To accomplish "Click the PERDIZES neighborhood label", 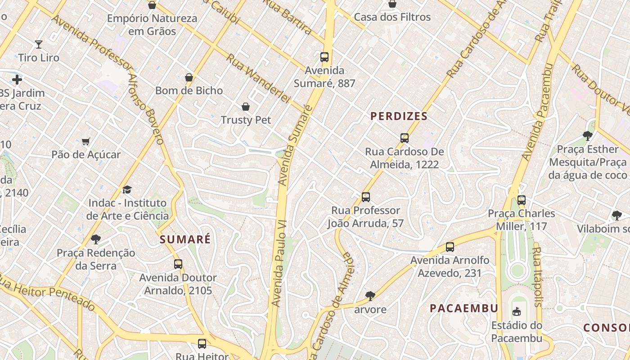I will tap(399, 116).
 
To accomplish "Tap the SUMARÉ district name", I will tap(185, 239).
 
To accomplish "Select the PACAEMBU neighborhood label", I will tap(464, 308).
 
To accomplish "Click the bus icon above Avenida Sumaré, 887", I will tap(324, 57).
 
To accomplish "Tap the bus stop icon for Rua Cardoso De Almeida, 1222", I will tap(405, 138).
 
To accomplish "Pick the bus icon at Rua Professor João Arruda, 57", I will tap(366, 197).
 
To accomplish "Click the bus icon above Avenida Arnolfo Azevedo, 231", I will tap(450, 247).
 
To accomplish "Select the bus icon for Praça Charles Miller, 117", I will tap(522, 200).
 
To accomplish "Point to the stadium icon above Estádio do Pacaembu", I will tap(517, 311).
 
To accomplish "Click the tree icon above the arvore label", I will tap(370, 296).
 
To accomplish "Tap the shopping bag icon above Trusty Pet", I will tap(246, 107).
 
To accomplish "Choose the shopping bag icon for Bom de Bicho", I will tap(189, 77).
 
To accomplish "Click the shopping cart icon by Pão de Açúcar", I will tap(86, 141).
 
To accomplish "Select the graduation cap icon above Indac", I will tap(127, 190).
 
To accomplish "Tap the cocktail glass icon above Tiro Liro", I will tap(39, 44).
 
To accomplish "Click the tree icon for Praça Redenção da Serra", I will tap(95, 239).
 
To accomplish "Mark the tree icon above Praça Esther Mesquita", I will tap(587, 135).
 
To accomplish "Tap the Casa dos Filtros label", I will tap(392, 17).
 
